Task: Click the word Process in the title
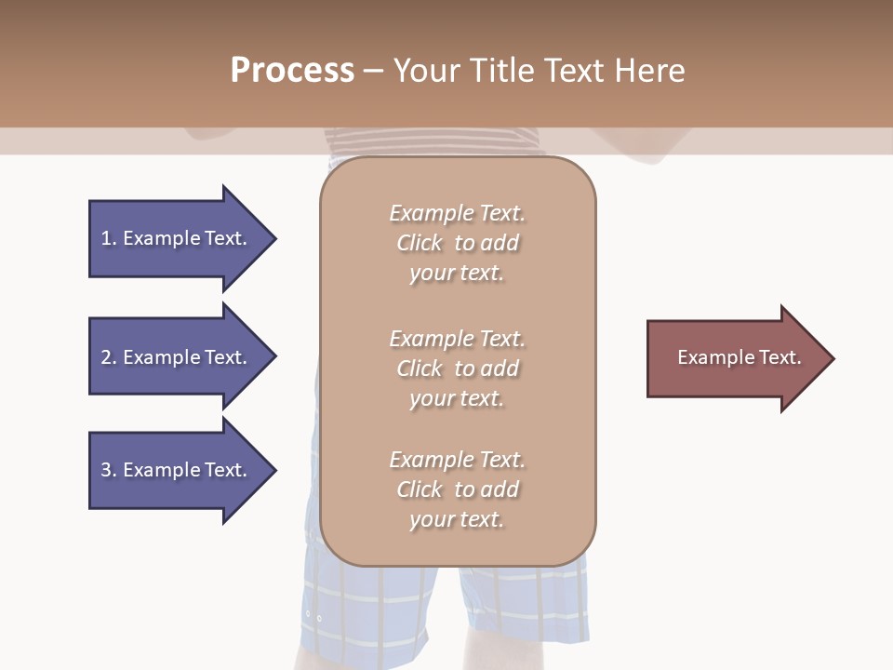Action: click(x=292, y=71)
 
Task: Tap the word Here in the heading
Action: click(x=648, y=71)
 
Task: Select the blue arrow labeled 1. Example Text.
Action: click(x=177, y=238)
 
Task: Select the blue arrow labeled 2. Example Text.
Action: click(x=177, y=357)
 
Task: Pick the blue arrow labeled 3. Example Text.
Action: click(x=177, y=470)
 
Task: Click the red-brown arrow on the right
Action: click(x=735, y=358)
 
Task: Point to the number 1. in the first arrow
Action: click(x=109, y=238)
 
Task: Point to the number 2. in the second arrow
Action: click(x=109, y=357)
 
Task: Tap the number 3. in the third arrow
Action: click(x=109, y=470)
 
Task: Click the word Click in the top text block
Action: click(x=420, y=244)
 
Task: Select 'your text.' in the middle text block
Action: click(x=456, y=398)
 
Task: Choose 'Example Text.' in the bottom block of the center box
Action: click(x=457, y=460)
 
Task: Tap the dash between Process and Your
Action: click(x=373, y=71)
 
